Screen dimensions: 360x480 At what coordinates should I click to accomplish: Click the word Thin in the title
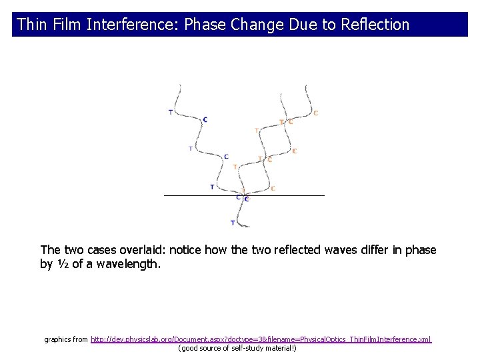(x=29, y=25)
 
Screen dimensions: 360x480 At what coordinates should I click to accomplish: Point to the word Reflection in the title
(x=375, y=25)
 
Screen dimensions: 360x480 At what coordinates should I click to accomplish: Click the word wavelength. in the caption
(x=128, y=265)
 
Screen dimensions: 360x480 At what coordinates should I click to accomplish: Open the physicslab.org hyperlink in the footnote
(x=261, y=339)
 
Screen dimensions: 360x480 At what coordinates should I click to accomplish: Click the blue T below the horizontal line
(x=232, y=223)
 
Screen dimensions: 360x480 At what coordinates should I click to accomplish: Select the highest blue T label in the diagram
(x=170, y=112)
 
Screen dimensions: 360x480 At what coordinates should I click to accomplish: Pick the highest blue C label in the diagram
(x=205, y=119)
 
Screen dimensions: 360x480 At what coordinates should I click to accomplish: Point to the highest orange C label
(x=315, y=113)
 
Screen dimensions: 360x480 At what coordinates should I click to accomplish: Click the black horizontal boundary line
(x=200, y=195)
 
